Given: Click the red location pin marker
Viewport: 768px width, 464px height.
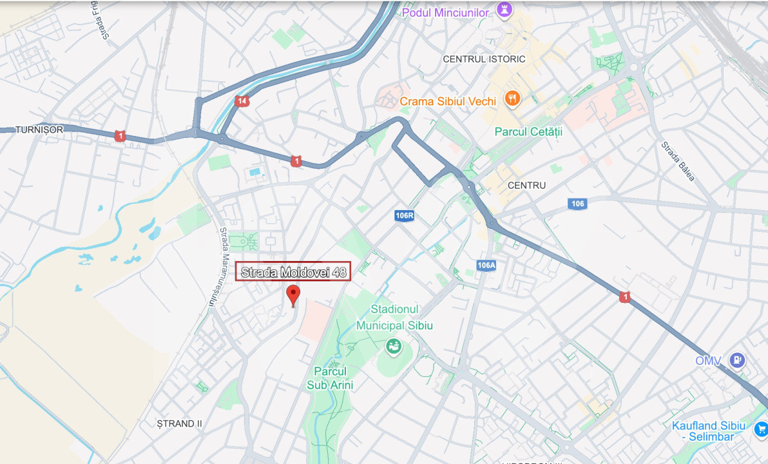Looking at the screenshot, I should pyautogui.click(x=293, y=294).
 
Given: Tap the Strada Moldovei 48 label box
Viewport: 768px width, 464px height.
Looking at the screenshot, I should pyautogui.click(x=294, y=272).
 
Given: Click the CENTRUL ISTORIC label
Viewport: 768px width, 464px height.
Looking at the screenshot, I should pyautogui.click(x=484, y=59).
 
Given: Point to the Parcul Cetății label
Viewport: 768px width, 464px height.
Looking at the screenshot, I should pyautogui.click(x=528, y=131).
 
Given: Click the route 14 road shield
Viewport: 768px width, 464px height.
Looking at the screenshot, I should pyautogui.click(x=242, y=101).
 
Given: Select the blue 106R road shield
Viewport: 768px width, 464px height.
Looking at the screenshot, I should pyautogui.click(x=405, y=216).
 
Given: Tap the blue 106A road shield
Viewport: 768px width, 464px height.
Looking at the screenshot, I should pyautogui.click(x=486, y=265).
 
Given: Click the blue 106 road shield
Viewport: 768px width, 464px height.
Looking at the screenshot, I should pyautogui.click(x=577, y=204).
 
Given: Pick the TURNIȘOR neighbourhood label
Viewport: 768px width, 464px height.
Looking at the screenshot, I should pyautogui.click(x=39, y=130).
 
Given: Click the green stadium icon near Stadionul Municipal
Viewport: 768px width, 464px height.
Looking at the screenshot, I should pyautogui.click(x=393, y=347).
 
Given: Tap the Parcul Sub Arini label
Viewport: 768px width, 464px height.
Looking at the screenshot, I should pyautogui.click(x=330, y=378).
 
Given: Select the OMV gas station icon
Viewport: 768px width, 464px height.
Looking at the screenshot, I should pyautogui.click(x=737, y=360).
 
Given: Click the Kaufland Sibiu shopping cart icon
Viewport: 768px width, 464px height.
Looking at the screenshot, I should pyautogui.click(x=761, y=428).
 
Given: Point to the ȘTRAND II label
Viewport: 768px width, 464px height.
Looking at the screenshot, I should pyautogui.click(x=180, y=423).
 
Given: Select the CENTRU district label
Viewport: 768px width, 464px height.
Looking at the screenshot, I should pyautogui.click(x=526, y=185).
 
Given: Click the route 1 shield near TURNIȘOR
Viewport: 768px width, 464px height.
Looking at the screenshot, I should pyautogui.click(x=119, y=136).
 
